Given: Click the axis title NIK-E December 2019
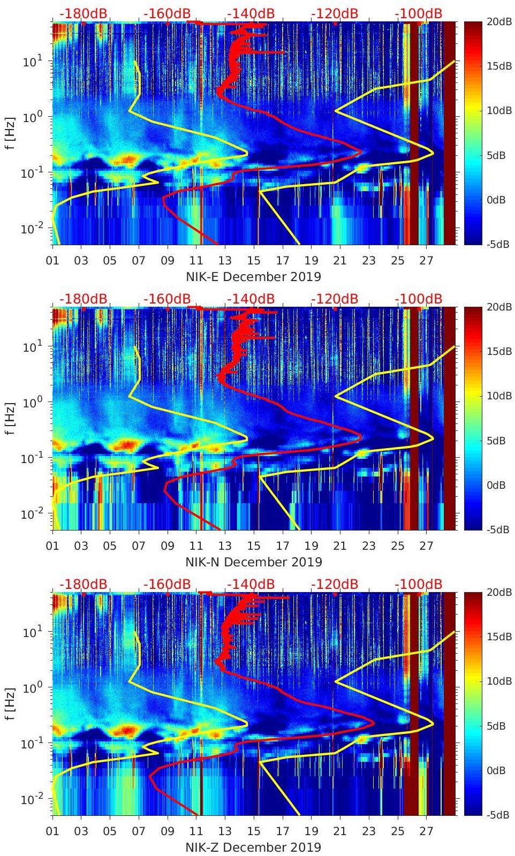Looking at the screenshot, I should pyautogui.click(x=253, y=276).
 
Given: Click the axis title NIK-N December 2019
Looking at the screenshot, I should pyautogui.click(x=253, y=562).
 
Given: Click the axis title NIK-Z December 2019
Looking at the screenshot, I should pyautogui.click(x=253, y=847).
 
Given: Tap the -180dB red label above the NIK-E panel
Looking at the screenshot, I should pyautogui.click(x=84, y=13).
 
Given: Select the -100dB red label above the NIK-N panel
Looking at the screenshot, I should pyautogui.click(x=419, y=299).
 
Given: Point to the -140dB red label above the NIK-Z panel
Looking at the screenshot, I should pyautogui.click(x=251, y=584).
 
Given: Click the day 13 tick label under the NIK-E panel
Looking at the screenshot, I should pyautogui.click(x=225, y=261).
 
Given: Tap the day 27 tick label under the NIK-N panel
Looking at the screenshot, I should pyautogui.click(x=426, y=546).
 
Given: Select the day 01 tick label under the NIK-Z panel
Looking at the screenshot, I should pyautogui.click(x=52, y=831).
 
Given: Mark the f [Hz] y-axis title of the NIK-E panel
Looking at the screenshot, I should pyautogui.click(x=10, y=133).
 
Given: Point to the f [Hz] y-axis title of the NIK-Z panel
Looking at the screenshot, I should pyautogui.click(x=10, y=704).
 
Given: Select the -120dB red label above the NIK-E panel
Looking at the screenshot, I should pyautogui.click(x=334, y=13).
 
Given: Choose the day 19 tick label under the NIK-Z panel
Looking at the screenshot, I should pyautogui.click(x=311, y=831).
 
